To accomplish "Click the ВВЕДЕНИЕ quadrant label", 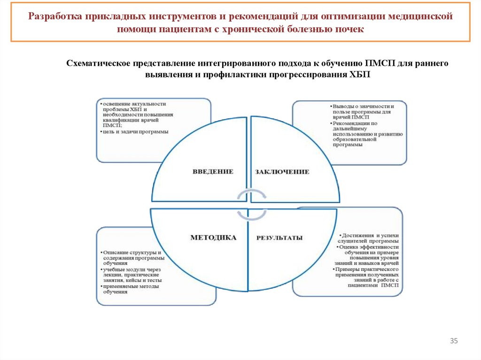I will [x=213, y=171].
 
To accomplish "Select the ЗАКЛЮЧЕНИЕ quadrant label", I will [x=282, y=172].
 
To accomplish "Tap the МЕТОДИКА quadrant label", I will [x=213, y=237].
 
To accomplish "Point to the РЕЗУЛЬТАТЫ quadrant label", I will [x=279, y=238].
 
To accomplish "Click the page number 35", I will [x=454, y=341].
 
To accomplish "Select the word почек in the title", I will [x=350, y=29].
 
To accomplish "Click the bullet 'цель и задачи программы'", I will [x=135, y=131].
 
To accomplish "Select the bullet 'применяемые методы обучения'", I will [x=130, y=289].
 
